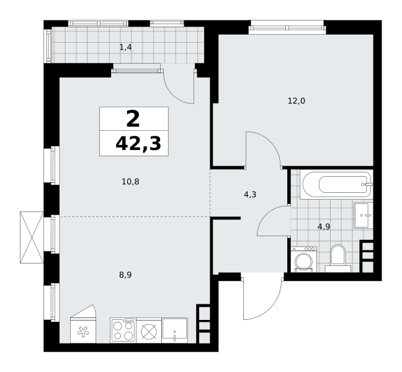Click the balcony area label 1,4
125,47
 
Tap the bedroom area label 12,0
297,101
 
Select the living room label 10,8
130,182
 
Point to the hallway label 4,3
250,195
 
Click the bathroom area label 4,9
324,227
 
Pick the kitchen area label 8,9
125,275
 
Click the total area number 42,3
138,143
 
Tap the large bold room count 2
133,119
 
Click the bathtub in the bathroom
336,185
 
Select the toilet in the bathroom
338,257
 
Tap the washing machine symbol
304,259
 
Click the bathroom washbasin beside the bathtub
364,215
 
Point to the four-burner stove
123,330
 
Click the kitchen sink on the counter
175,330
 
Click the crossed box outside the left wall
32,237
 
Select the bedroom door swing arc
269,143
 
